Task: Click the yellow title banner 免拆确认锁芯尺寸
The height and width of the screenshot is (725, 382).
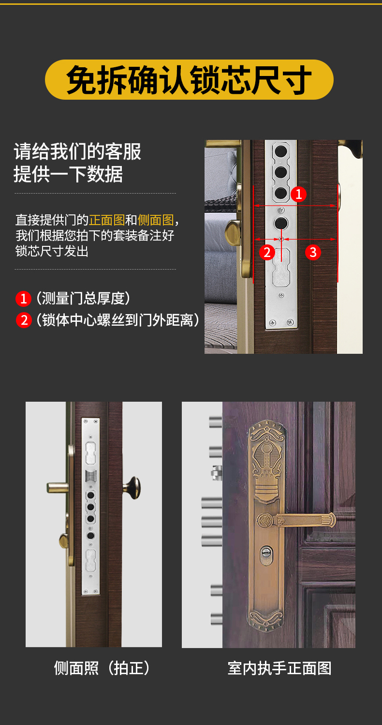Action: click(189, 80)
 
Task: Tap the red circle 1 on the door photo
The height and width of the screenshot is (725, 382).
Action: click(298, 194)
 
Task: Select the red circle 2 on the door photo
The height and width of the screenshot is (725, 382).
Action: click(267, 253)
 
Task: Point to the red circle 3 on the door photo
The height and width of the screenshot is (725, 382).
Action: click(313, 253)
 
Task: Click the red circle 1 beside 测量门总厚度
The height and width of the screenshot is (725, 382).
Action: click(23, 299)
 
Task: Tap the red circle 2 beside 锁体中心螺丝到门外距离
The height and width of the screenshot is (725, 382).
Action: click(24, 320)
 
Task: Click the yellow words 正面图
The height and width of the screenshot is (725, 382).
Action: click(107, 220)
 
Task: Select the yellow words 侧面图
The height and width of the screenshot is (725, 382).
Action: click(156, 220)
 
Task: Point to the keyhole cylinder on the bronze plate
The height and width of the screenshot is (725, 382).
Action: click(266, 556)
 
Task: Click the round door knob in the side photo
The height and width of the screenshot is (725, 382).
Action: click(132, 487)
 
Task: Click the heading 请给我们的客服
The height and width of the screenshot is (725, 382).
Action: click(78, 151)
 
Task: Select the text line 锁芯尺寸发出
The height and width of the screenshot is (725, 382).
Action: click(52, 251)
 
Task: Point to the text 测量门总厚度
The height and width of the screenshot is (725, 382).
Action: click(83, 299)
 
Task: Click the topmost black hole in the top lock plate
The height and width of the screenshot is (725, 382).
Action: click(281, 151)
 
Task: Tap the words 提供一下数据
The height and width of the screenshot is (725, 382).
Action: click(68, 174)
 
